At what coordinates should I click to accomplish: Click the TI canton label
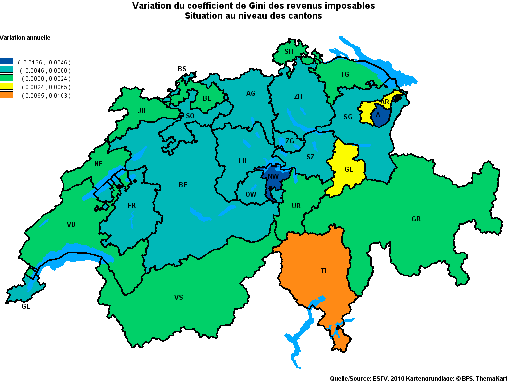pos(323,271)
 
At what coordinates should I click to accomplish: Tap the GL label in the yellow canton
pos(348,169)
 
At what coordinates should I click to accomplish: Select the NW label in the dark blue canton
pos(273,176)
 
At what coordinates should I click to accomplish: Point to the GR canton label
pos(416,219)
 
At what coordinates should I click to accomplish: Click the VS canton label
pos(179,297)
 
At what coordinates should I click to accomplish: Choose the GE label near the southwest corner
pos(26,307)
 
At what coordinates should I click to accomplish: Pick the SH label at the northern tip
pos(289,51)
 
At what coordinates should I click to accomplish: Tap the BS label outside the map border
pos(182,69)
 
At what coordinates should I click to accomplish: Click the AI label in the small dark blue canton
pos(379,115)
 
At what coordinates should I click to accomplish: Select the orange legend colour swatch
pos(7,95)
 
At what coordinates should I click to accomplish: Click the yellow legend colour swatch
pos(7,87)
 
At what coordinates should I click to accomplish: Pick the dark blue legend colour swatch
pos(7,62)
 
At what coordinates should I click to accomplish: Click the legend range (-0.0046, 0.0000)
pos(45,70)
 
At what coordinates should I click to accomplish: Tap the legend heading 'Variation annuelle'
pos(25,38)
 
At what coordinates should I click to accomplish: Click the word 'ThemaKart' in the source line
pos(492,378)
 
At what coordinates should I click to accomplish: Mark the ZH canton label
pos(298,97)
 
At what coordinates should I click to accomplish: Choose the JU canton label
pos(142,111)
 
